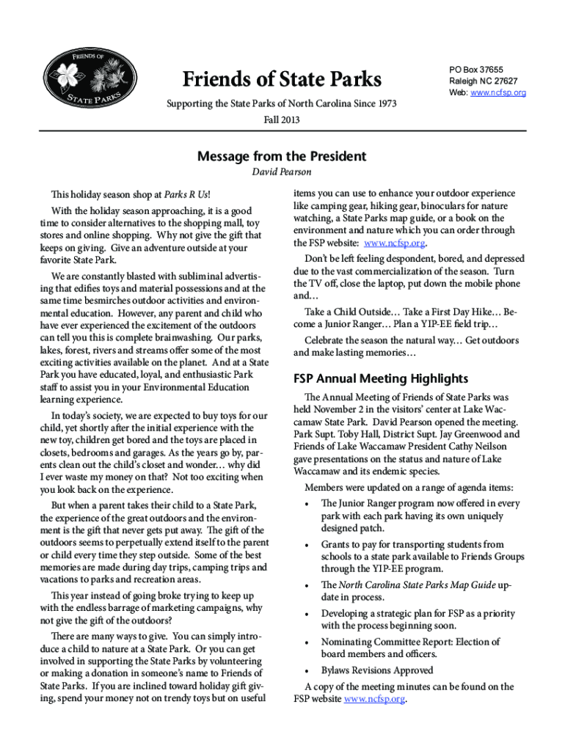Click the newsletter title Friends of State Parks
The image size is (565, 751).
(282, 79)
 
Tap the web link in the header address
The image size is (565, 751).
(498, 93)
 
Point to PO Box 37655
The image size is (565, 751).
(476, 69)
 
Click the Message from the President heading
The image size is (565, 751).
(282, 156)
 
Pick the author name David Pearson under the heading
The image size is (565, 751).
(282, 172)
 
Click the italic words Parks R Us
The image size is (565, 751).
(186, 194)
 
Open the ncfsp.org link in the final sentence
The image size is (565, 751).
(374, 700)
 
